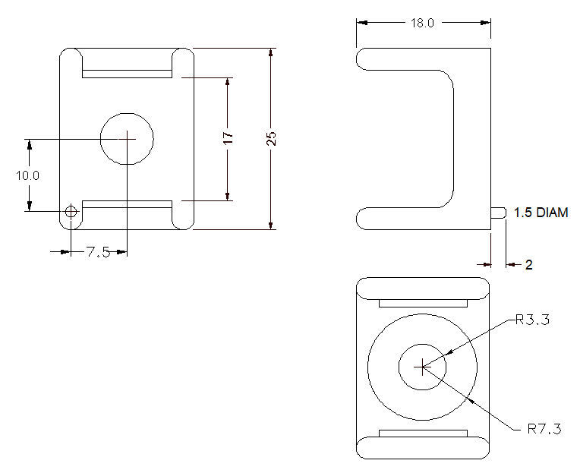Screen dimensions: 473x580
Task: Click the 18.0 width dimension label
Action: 422,23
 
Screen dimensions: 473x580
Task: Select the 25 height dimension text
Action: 271,138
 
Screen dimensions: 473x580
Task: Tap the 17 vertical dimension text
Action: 229,137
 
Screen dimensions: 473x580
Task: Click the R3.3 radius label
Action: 531,320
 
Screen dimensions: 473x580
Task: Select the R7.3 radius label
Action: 544,429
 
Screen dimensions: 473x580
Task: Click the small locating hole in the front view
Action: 71,212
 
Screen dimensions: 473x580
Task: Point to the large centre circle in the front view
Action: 128,138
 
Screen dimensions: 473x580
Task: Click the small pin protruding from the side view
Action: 498,213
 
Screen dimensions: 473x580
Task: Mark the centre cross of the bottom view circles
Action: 422,367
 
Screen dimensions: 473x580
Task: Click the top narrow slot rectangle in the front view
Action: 128,74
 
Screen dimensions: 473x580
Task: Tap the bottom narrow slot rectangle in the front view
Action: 128,203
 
